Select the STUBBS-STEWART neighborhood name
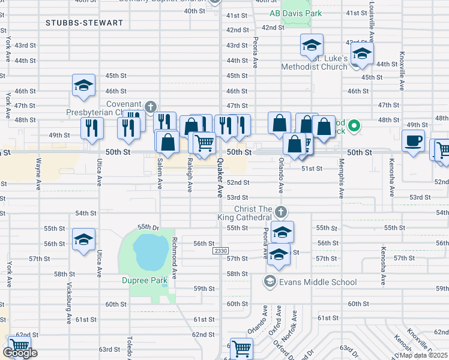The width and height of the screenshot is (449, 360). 84,23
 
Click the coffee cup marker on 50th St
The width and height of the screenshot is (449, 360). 413,142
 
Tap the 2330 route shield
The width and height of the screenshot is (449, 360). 220,251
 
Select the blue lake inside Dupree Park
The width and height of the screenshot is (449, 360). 149,251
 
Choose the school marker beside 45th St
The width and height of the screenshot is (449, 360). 84,85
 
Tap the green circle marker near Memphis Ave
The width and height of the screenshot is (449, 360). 354,125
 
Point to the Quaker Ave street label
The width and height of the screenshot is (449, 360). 220,180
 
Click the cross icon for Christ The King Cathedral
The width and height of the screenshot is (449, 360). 281,212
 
